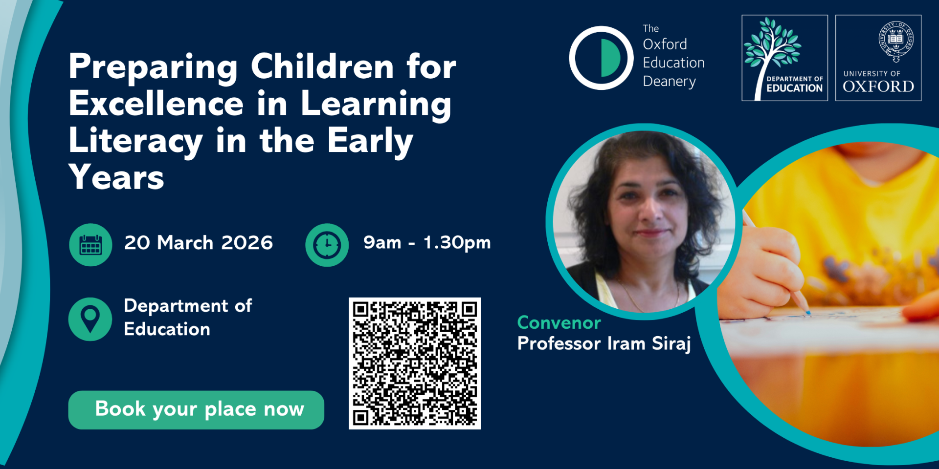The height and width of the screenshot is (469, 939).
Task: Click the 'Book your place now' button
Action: click(196, 410)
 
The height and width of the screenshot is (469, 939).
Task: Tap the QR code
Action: click(415, 363)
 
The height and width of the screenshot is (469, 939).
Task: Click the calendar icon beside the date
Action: click(90, 245)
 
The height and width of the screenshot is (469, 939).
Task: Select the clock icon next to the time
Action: click(327, 245)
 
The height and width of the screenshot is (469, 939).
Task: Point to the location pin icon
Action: click(90, 319)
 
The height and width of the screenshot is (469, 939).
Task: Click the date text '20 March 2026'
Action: click(199, 243)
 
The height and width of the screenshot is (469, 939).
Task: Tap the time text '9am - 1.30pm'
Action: click(427, 243)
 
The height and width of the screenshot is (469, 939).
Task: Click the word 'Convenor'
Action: click(559, 322)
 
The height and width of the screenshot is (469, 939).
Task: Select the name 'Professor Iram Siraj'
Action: click(604, 344)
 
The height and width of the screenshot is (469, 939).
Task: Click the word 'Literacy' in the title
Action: click(135, 141)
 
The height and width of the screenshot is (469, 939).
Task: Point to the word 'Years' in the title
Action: click(116, 177)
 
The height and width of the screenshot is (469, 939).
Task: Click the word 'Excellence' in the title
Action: click(156, 104)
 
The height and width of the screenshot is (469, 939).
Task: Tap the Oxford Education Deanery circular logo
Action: click(601, 58)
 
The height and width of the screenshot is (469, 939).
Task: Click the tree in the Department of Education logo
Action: click(772, 49)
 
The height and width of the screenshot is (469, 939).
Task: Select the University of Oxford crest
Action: click(896, 41)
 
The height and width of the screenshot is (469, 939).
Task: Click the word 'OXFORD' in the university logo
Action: click(878, 86)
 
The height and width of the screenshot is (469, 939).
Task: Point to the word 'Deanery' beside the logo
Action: click(669, 82)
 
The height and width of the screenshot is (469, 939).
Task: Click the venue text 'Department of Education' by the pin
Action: click(188, 318)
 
